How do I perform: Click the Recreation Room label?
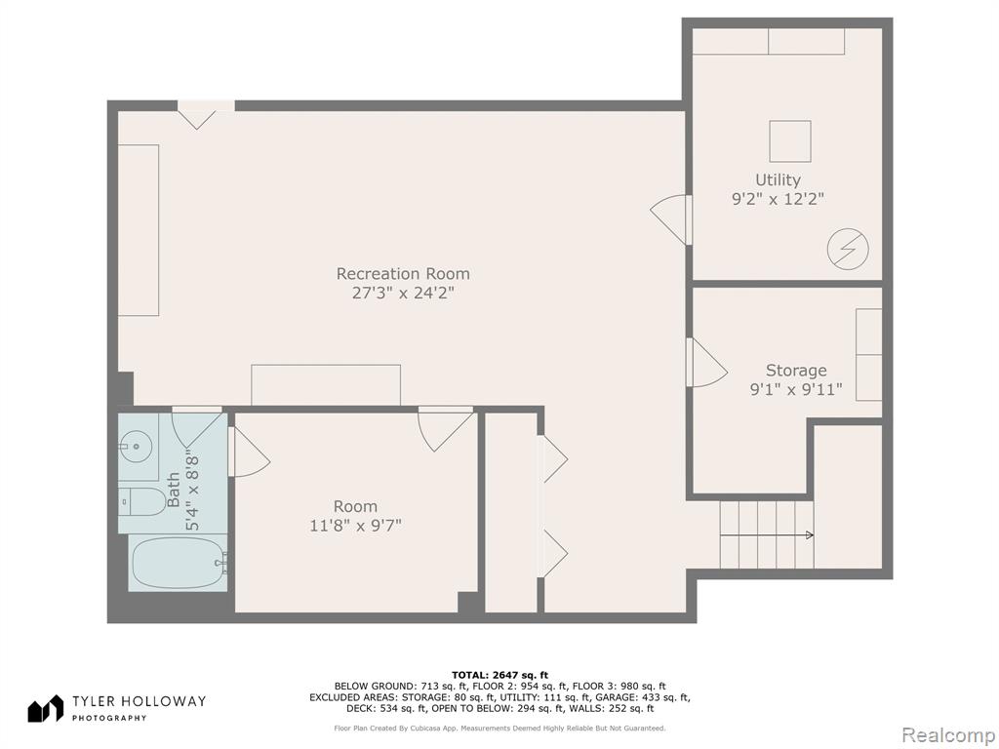(403, 274)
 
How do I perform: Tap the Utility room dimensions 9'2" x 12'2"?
(778, 199)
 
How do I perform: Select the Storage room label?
(796, 370)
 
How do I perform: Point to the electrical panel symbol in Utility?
(848, 249)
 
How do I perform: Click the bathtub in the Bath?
(178, 563)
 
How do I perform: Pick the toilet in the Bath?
(142, 502)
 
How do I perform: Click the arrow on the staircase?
(767, 535)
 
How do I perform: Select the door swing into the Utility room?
(669, 219)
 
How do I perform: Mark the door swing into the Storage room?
(707, 363)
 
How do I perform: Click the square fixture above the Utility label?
(790, 141)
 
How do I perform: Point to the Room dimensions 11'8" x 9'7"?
(355, 526)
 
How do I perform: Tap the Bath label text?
(173, 490)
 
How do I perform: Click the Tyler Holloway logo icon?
(45, 709)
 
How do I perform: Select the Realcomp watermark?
(948, 735)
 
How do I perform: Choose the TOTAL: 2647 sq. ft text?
(499, 675)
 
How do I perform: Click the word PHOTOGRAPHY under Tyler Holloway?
(109, 719)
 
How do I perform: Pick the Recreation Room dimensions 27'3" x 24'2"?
(403, 293)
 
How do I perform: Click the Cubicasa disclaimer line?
(499, 728)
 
